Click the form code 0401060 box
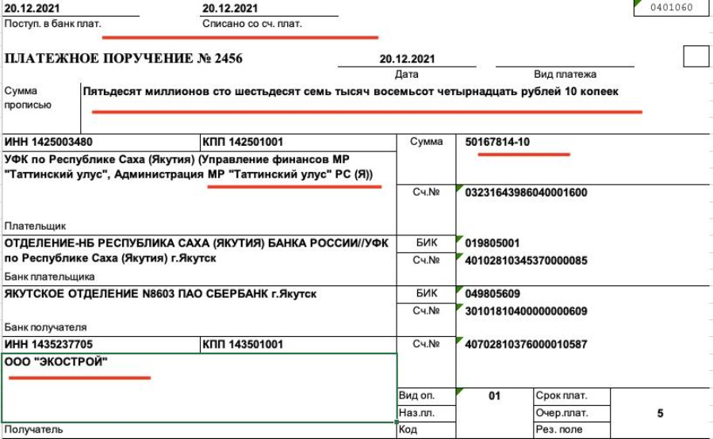tap(671, 9)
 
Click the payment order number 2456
tap(225, 59)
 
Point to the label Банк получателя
tap(45, 326)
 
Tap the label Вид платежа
tap(565, 74)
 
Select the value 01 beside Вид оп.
tap(494, 395)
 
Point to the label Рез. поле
tap(559, 429)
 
